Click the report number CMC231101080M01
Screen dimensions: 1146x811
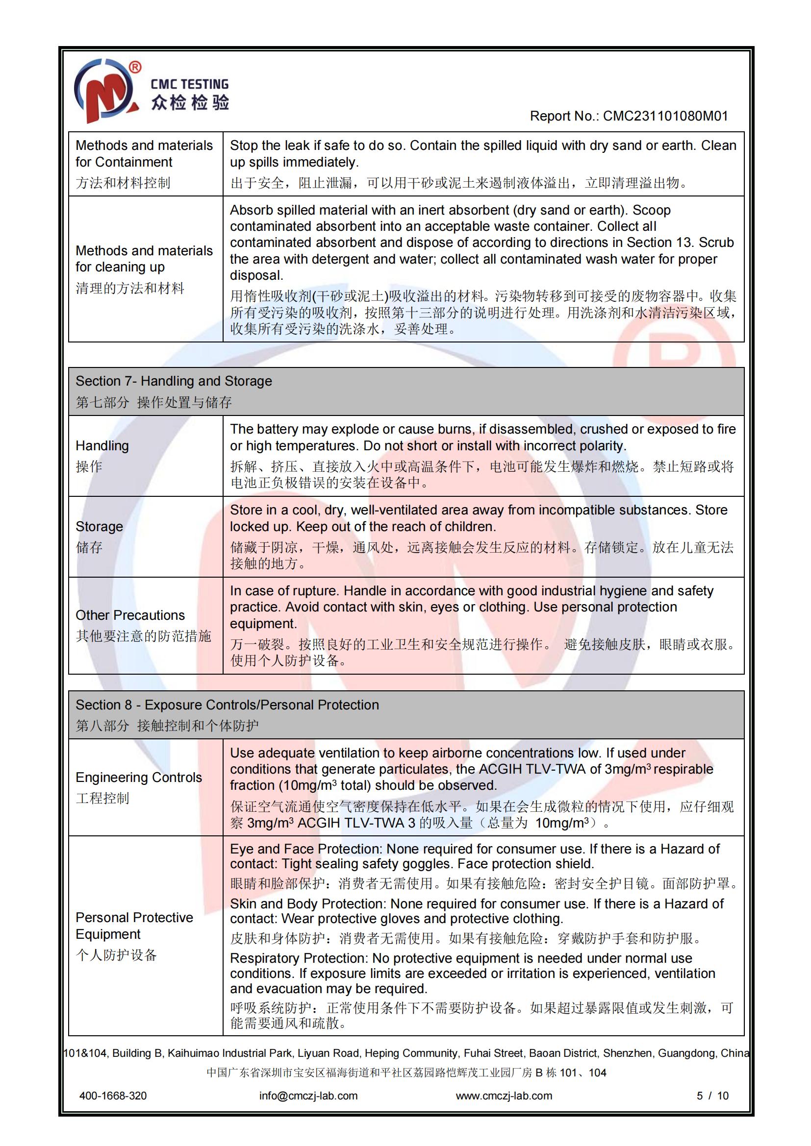point(665,116)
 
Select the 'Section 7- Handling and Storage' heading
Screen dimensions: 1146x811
point(174,381)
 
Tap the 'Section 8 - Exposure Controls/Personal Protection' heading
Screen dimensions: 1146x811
point(227,705)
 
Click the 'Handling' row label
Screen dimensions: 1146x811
point(102,446)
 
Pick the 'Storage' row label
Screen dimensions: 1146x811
point(99,527)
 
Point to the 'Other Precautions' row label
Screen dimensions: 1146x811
point(130,615)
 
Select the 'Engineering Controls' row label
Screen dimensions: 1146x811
point(138,777)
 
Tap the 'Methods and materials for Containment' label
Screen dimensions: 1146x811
point(144,154)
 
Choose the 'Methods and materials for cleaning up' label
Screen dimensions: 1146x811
point(144,259)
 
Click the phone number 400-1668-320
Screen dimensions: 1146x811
point(113,1096)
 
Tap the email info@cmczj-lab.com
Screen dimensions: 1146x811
point(308,1096)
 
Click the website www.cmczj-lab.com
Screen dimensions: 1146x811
point(504,1096)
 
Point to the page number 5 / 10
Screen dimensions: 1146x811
point(712,1096)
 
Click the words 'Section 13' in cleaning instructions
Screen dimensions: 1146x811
point(659,243)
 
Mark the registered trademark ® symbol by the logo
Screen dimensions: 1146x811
point(135,68)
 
